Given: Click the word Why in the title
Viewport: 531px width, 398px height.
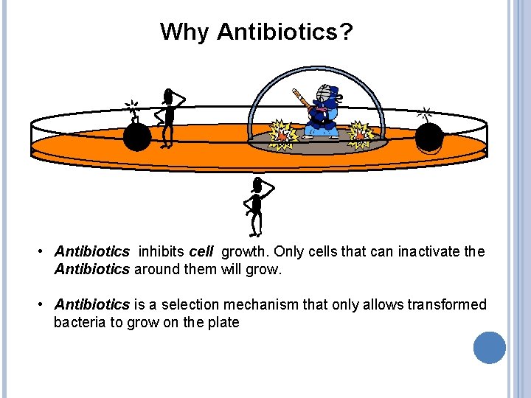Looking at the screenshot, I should (184, 32).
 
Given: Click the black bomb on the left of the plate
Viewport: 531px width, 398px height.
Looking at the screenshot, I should (137, 136).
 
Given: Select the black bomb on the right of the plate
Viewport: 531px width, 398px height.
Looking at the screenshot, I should (429, 137).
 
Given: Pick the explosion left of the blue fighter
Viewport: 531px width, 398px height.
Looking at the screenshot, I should (282, 134).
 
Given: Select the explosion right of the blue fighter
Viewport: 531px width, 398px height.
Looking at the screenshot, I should (361, 133).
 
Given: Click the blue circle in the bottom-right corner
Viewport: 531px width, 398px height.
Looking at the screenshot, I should (489, 347).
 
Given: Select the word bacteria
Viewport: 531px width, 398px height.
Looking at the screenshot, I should (78, 322).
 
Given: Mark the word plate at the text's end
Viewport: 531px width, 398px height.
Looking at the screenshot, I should (224, 322).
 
